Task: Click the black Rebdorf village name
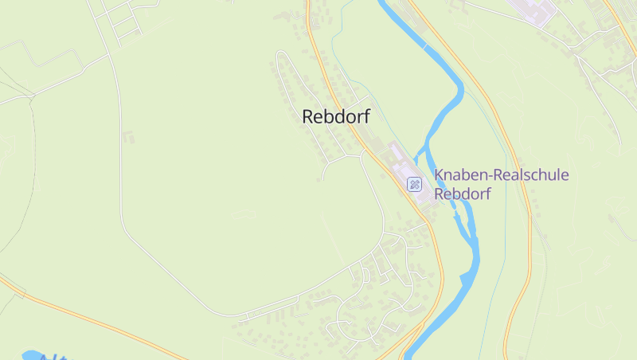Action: point(336,116)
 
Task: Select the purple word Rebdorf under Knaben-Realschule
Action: point(463,194)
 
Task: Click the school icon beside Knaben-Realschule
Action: point(415,185)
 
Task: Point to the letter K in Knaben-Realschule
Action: point(439,175)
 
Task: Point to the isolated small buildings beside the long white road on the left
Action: point(127,137)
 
